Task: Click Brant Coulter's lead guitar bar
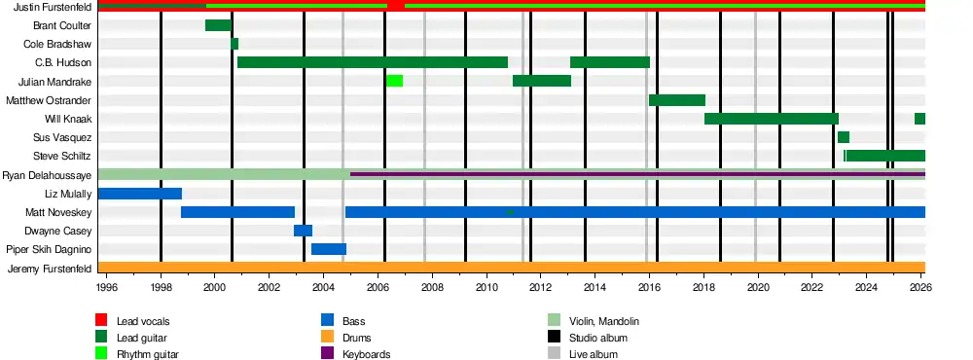point(218,25)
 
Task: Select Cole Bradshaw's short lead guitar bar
point(234,44)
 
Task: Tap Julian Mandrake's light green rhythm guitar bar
point(395,82)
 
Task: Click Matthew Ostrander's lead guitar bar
point(677,100)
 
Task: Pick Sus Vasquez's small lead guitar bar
point(844,137)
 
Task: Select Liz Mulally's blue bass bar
point(140,194)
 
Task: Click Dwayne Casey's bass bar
point(303,231)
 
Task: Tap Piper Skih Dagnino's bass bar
point(329,249)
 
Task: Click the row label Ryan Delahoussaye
point(47,176)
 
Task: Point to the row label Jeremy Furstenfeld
point(50,269)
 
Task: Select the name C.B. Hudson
point(63,62)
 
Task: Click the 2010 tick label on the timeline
point(486,287)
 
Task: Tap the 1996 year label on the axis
point(106,287)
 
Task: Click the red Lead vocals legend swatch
point(101,320)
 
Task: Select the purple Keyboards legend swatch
point(327,354)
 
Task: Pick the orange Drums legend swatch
point(327,337)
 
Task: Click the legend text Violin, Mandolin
point(604,321)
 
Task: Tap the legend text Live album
point(594,354)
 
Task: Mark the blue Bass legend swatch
point(327,320)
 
